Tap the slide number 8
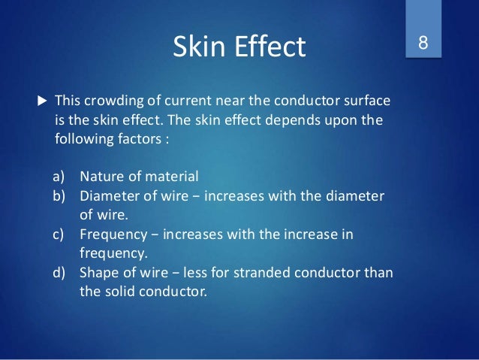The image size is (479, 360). (x=423, y=43)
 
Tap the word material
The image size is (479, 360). (x=170, y=177)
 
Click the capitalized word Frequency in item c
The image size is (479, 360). (x=112, y=234)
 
